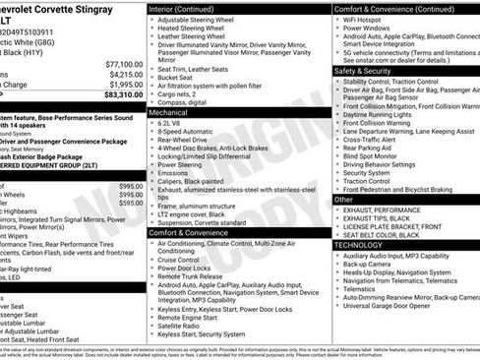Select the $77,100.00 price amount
pyautogui.click(x=124, y=62)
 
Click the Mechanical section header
pyautogui.click(x=171, y=113)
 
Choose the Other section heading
pyautogui.click(x=343, y=199)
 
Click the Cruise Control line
pyautogui.click(x=184, y=259)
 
